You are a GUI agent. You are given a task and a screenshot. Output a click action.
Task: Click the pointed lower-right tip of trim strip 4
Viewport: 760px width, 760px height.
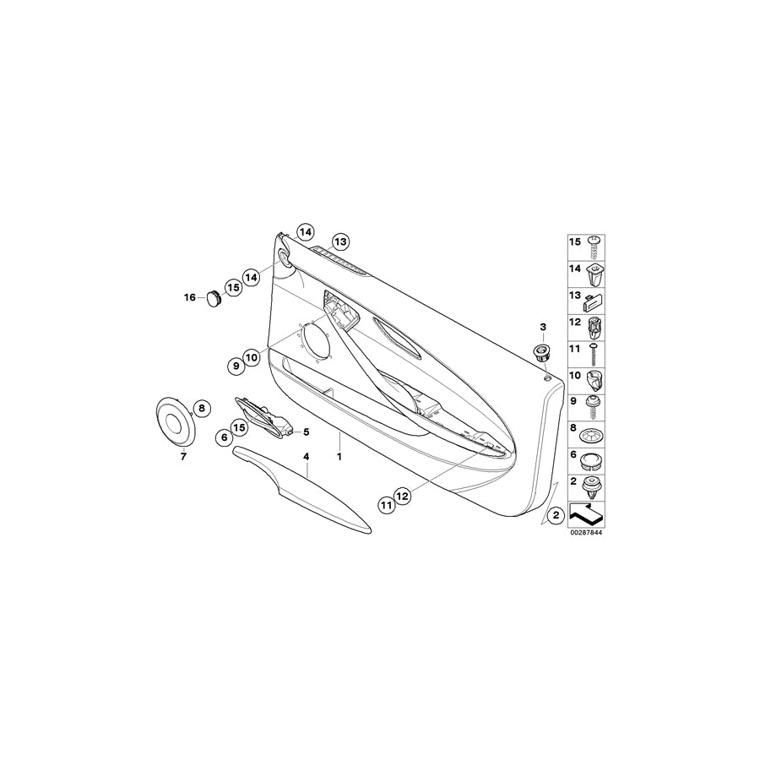(x=371, y=532)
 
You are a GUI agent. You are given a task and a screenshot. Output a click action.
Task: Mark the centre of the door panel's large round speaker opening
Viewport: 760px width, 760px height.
(x=316, y=343)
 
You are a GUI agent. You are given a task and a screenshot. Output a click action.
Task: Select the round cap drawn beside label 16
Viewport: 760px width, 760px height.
(x=214, y=297)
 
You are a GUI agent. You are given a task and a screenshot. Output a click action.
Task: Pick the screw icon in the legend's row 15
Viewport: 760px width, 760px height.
(x=594, y=247)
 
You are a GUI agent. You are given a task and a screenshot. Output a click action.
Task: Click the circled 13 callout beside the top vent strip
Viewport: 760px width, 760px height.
(x=340, y=242)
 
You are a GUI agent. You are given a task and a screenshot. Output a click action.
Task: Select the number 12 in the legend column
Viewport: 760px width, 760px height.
(x=575, y=322)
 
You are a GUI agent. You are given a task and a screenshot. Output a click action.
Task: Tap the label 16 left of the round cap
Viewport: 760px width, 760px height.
(x=189, y=297)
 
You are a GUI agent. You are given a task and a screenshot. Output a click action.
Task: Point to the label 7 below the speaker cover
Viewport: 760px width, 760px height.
(x=183, y=456)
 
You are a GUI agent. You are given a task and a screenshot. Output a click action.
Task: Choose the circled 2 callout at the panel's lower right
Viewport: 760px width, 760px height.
(x=556, y=515)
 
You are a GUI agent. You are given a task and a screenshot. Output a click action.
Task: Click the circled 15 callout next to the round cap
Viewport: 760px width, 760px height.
(x=234, y=288)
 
